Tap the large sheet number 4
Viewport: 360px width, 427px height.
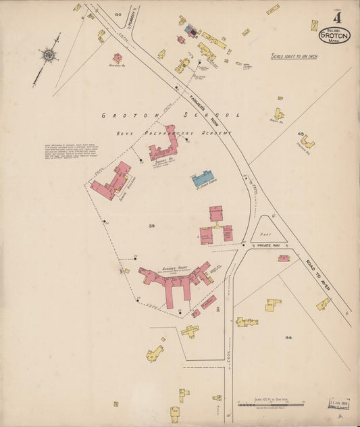[336, 16]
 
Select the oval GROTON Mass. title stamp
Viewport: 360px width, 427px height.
[336, 34]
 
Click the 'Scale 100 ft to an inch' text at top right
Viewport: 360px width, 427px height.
[294, 56]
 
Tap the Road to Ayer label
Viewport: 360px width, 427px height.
[316, 277]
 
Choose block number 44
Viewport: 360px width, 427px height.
[289, 336]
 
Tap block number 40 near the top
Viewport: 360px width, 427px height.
[118, 14]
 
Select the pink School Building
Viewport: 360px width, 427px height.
[112, 180]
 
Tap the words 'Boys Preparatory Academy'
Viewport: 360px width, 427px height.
[173, 133]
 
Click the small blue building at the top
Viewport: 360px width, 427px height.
[191, 30]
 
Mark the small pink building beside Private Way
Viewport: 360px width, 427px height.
[284, 258]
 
